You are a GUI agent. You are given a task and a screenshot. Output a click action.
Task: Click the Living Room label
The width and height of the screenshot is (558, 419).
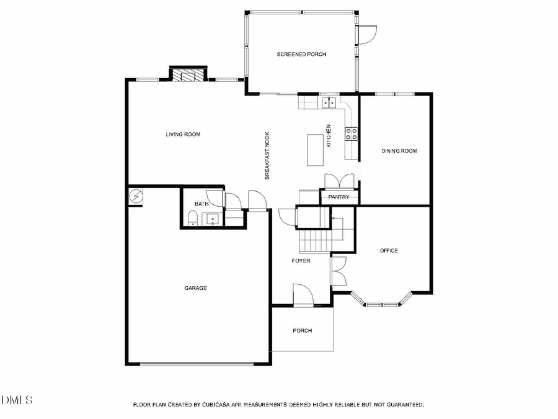[182, 134]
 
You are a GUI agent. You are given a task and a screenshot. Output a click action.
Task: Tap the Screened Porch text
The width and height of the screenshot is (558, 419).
[301, 55]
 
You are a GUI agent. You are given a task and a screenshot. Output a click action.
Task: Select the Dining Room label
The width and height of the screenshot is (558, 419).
[399, 151]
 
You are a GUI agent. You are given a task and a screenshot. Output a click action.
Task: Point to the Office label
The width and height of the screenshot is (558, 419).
[389, 251]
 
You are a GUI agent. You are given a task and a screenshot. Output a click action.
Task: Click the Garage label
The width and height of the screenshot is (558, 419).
[195, 288]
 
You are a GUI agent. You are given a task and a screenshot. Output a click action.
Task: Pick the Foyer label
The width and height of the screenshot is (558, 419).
[301, 261]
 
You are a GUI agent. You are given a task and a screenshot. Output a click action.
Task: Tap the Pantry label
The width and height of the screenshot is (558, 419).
[339, 197]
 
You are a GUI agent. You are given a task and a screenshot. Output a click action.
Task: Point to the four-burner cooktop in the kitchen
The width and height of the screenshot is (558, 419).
[351, 133]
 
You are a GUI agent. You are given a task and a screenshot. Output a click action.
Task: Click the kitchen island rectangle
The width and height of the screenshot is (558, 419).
[315, 150]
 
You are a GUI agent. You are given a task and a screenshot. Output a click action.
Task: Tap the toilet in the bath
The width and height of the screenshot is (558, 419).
[193, 217]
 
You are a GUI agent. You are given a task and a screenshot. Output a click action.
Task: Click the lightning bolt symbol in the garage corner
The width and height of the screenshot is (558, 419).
[136, 197]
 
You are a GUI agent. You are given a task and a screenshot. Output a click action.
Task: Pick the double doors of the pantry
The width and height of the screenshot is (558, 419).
[339, 181]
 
